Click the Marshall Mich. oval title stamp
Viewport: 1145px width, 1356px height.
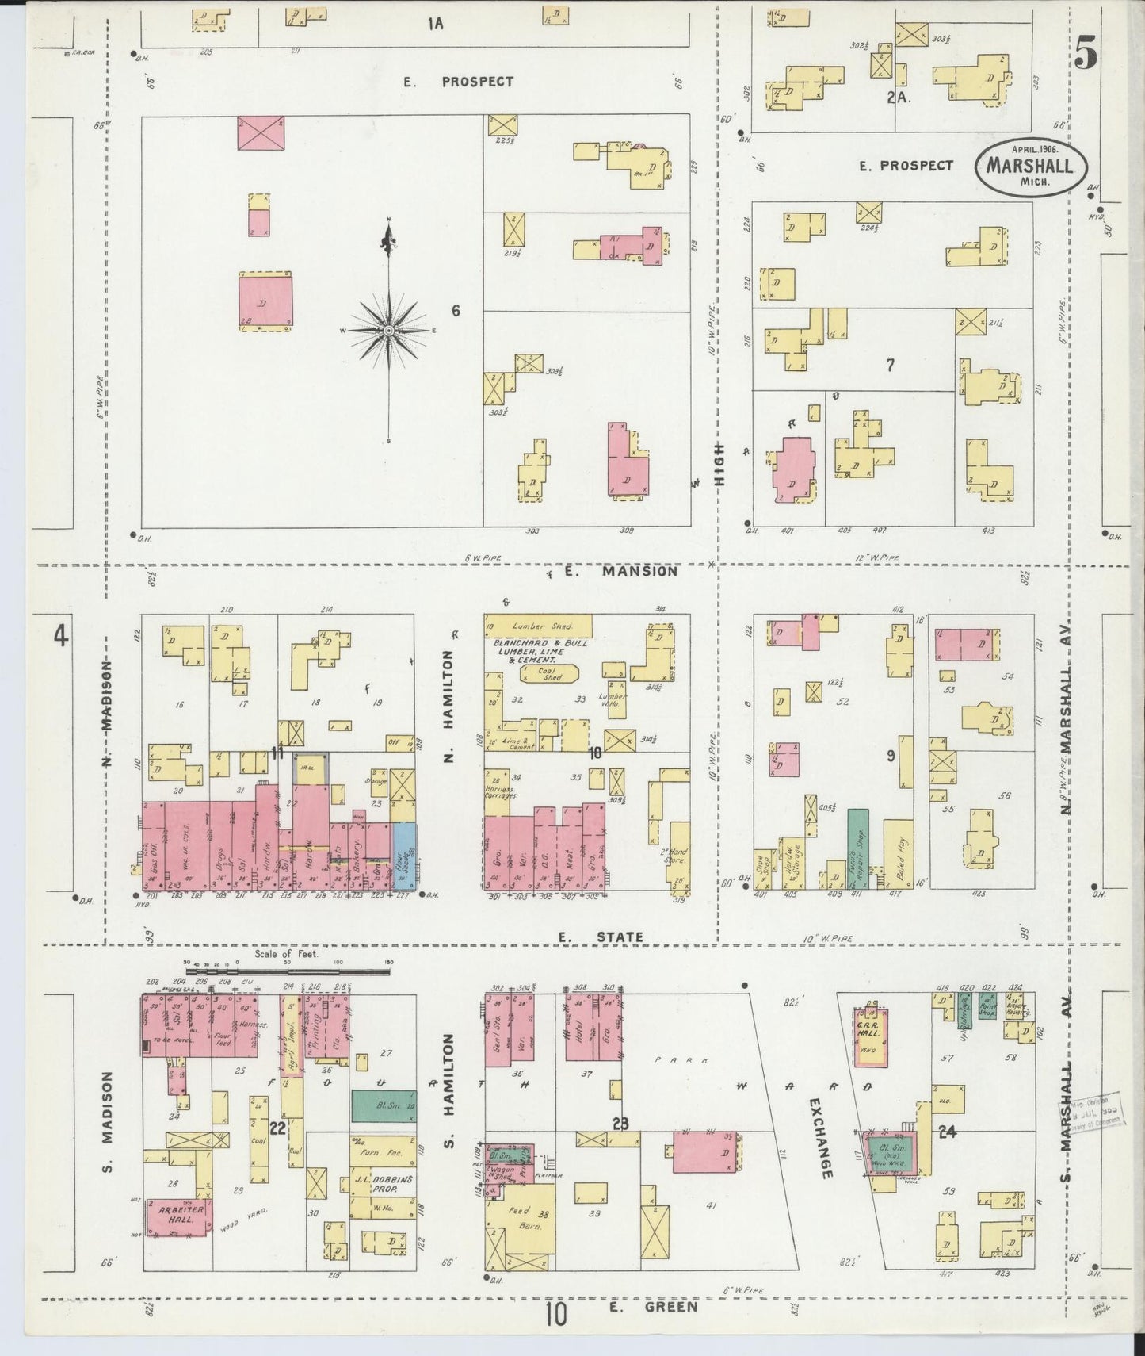coord(1030,167)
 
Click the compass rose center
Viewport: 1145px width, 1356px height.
coord(389,330)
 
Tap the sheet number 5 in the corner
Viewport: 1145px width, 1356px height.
coord(1086,55)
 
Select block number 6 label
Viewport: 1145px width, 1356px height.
coord(456,311)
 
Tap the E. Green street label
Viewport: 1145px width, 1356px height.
coord(654,1307)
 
